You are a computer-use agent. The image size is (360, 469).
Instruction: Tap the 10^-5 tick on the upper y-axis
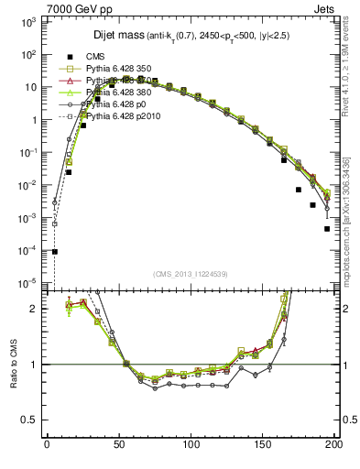click(27, 283)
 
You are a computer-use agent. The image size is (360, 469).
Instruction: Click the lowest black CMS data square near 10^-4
click(55, 251)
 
